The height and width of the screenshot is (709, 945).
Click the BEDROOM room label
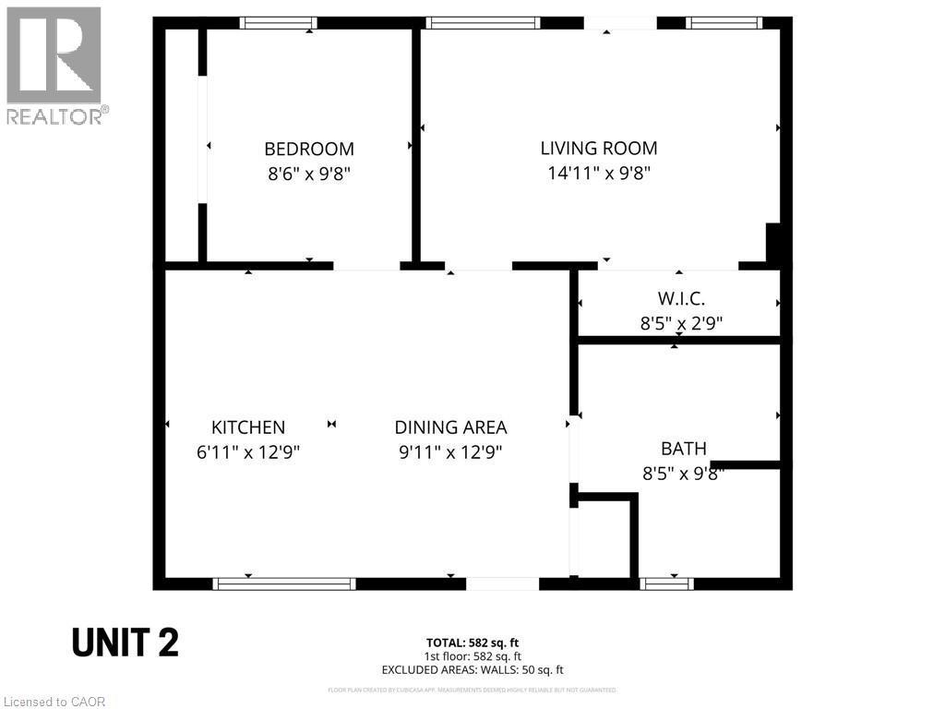point(309,149)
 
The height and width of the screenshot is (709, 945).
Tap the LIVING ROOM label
point(598,148)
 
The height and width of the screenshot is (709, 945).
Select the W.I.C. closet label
point(681,299)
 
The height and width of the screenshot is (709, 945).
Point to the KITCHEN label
point(248,427)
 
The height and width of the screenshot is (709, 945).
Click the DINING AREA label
point(450,427)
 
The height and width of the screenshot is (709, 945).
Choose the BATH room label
point(683,449)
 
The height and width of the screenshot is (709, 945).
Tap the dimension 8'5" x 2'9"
point(681,323)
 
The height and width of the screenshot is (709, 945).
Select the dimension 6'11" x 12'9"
point(248,451)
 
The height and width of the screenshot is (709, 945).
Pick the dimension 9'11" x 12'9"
point(450,451)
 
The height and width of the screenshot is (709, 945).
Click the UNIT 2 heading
point(126,643)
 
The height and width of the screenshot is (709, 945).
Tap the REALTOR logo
point(54,65)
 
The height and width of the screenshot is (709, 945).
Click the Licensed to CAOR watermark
point(54,702)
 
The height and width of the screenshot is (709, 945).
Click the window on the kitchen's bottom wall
point(284,583)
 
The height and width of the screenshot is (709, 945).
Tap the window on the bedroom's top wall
point(278,23)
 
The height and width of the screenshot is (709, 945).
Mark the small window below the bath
point(666,583)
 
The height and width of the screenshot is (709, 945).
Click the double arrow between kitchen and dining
point(331,424)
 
